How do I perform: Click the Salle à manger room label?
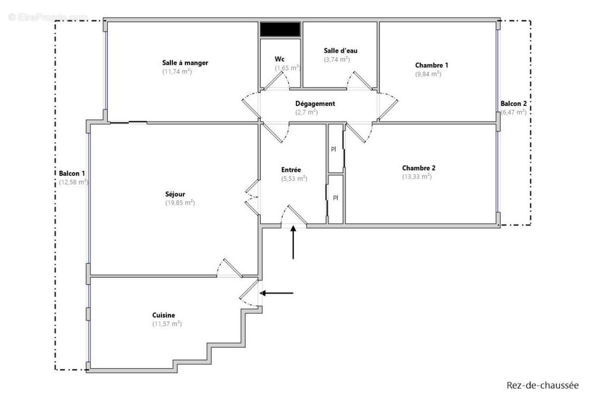coord(185,63)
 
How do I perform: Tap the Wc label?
coord(280,58)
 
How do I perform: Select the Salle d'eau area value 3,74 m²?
coord(337,59)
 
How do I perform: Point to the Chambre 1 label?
coord(432,65)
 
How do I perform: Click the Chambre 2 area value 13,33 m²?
coord(417,177)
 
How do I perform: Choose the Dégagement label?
coord(315,104)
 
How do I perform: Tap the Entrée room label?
coord(291,170)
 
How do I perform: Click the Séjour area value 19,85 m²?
coord(180,203)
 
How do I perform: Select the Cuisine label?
coord(164,315)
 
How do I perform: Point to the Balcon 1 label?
coord(72,173)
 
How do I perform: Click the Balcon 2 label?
coord(513,104)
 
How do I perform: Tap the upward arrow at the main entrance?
coord(293,242)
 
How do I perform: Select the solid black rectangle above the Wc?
coord(280,29)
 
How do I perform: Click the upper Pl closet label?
coord(333,149)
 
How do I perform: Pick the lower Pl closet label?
coord(335,198)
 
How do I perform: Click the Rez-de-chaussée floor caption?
coord(543,385)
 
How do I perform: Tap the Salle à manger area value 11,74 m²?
coord(177,72)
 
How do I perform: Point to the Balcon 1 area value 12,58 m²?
coord(73,182)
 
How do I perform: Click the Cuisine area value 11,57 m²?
coord(167,324)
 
